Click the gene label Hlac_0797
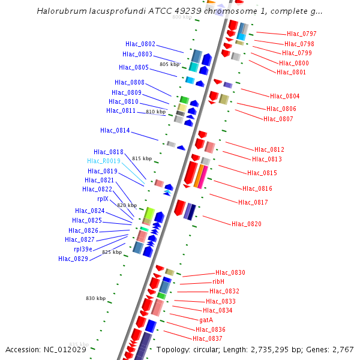click(301, 34)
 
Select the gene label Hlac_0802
click(140, 44)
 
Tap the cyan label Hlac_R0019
click(104, 161)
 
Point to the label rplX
click(103, 199)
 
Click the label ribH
click(218, 281)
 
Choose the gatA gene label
click(206, 320)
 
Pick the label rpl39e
click(83, 249)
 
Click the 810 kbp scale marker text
click(155, 112)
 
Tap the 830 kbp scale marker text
click(95, 298)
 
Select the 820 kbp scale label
click(127, 205)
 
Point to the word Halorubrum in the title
click(58, 11)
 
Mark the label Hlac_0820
click(247, 224)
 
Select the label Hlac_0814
click(115, 130)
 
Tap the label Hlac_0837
click(208, 338)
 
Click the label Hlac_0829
click(73, 259)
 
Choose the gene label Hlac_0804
click(284, 96)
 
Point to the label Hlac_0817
click(253, 202)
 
